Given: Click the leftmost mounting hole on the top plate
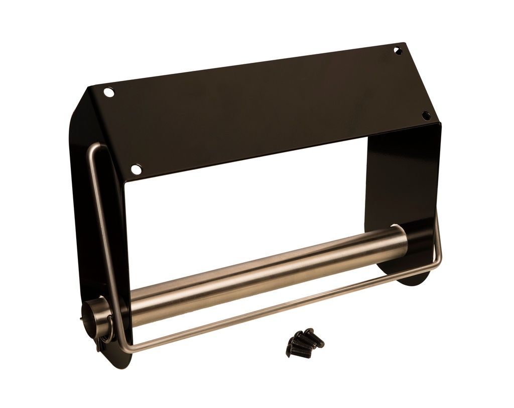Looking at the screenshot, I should pos(109,92).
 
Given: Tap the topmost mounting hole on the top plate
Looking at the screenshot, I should pos(398,51).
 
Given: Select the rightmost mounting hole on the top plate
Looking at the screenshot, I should pos(426,116).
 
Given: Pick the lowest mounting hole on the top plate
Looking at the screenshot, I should pos(136,169).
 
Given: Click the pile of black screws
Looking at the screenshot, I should pos(304,343).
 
